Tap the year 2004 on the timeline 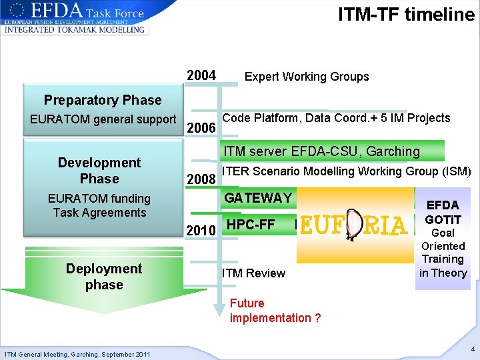(201, 76)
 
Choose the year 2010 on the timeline (201, 231)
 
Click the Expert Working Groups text (307, 77)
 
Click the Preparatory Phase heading (103, 100)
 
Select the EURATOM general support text (103, 119)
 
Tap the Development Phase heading (99, 171)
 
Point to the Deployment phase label (103, 277)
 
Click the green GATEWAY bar (259, 198)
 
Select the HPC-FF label (251, 225)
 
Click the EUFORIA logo (353, 227)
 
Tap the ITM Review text (253, 273)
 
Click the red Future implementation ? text (275, 311)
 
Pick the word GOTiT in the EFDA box (443, 219)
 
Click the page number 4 (471, 349)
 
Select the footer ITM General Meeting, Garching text (77, 353)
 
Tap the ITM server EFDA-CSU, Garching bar (321, 151)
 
